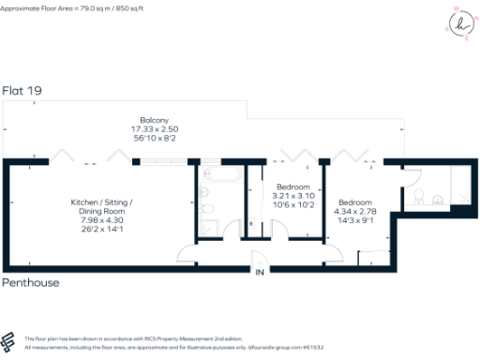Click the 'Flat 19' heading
(22, 91)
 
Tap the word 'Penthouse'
(30, 281)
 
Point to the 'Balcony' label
(154, 121)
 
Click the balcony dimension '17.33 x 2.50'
(154, 129)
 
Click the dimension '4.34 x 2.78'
(354, 212)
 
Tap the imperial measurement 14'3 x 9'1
(354, 220)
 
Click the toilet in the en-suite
(421, 197)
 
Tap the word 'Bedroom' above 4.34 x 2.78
(354, 203)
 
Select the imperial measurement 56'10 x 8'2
(154, 138)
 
